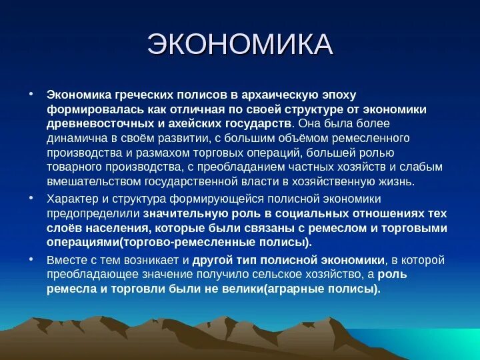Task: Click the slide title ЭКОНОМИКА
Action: click(239, 45)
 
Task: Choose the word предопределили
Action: click(92, 213)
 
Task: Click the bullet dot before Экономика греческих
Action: click(31, 94)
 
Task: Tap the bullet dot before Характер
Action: click(31, 198)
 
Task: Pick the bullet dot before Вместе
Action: click(31, 259)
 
